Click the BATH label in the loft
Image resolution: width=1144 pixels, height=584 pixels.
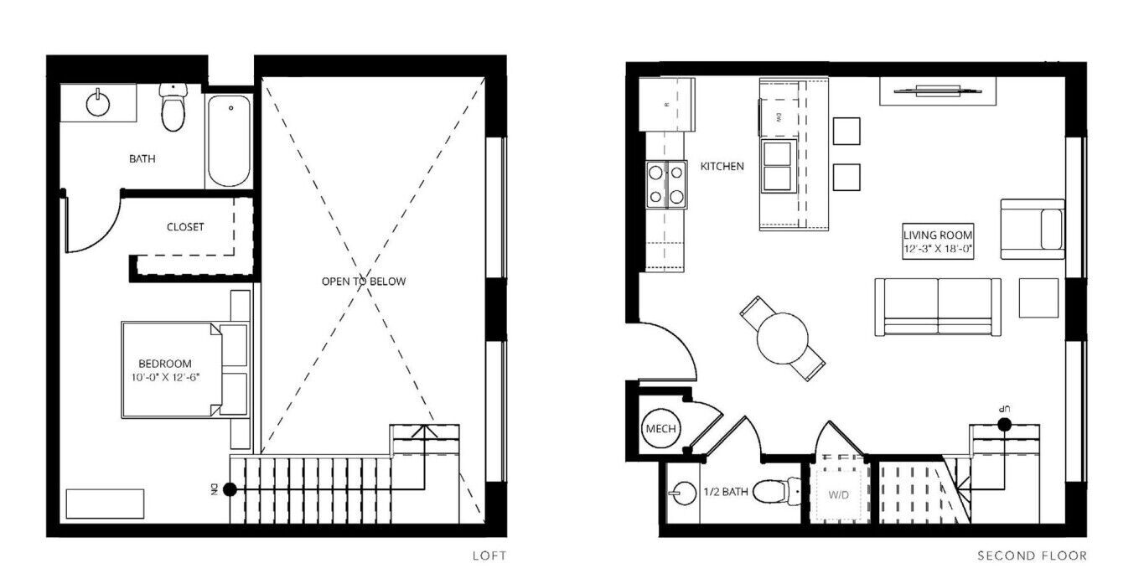142,158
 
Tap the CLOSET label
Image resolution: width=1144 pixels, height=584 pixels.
185,227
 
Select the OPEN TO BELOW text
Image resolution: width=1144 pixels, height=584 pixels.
364,282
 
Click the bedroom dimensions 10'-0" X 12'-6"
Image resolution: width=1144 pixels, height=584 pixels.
165,378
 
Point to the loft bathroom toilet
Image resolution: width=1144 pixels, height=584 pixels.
173,107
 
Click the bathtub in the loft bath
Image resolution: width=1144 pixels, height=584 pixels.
229,141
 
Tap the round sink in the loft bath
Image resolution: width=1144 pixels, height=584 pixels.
97,104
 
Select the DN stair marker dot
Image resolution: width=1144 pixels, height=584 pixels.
230,489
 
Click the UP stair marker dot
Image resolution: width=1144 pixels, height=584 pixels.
1005,424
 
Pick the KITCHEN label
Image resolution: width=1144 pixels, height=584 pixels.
722,167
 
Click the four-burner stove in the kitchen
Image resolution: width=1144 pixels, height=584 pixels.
666,184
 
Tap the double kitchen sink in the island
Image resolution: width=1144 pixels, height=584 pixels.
777,165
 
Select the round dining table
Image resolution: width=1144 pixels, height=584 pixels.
783,338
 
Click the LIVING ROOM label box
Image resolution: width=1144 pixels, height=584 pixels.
938,241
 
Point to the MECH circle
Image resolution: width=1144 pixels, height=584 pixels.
661,429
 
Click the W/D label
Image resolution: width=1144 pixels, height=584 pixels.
839,494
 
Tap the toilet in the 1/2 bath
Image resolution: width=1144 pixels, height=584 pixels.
777,492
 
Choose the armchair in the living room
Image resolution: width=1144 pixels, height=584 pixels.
1033,230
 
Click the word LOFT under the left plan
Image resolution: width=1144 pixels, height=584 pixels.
489,556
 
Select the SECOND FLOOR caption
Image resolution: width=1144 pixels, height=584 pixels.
1033,556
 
